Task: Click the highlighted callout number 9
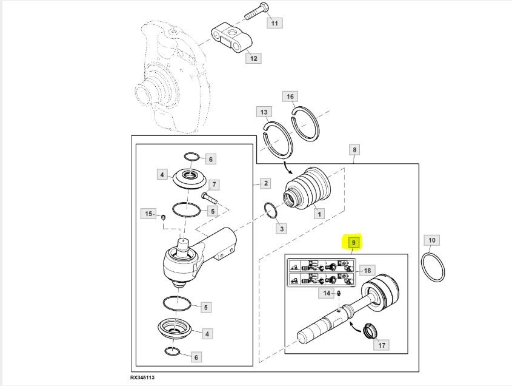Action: tap(353, 243)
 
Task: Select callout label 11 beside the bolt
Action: tap(274, 23)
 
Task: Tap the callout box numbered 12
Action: tap(254, 58)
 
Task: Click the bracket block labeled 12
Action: tap(232, 38)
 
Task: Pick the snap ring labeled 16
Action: tap(305, 124)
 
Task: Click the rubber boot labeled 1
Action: tap(308, 188)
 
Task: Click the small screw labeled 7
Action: tap(210, 198)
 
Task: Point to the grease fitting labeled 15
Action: tap(164, 217)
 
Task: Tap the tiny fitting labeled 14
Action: tap(339, 293)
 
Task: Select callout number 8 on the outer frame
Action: tap(354, 150)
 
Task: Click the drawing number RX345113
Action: tap(142, 377)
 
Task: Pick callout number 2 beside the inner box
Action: tap(266, 183)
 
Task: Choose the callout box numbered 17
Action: tap(382, 345)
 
